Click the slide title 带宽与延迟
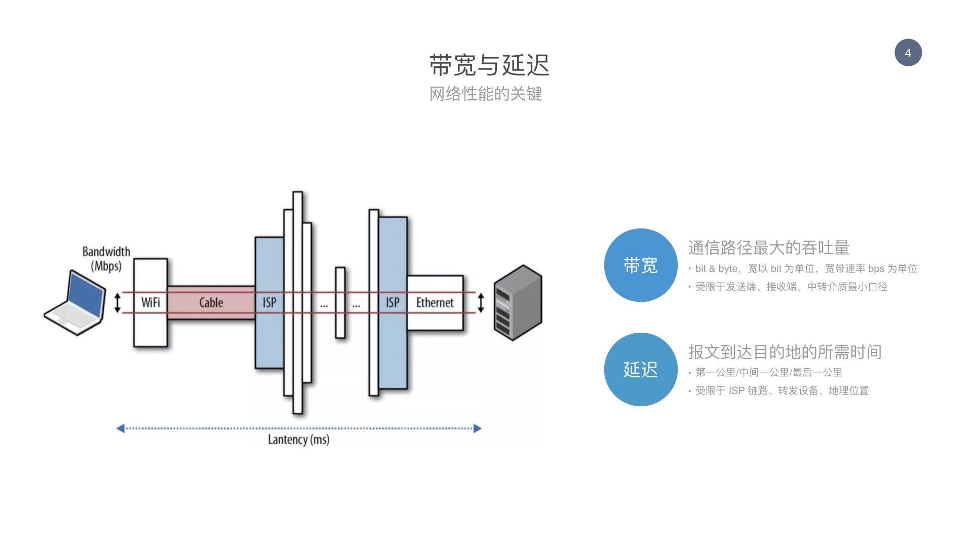[489, 65]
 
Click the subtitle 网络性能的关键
[486, 94]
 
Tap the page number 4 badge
[908, 53]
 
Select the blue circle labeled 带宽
[641, 265]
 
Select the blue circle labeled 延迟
[641, 369]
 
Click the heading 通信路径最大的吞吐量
[768, 248]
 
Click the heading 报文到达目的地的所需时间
[785, 351]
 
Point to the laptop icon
[75, 303]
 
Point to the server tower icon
[518, 302]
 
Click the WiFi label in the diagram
[150, 302]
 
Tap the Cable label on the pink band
[211, 302]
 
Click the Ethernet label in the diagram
[435, 302]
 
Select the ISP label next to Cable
[269, 302]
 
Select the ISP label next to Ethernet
[393, 302]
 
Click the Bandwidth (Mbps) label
[106, 259]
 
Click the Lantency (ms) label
[299, 440]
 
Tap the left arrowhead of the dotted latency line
[121, 428]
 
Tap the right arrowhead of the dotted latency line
[477, 428]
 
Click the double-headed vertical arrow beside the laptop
[118, 302]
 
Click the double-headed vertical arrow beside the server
[481, 302]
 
